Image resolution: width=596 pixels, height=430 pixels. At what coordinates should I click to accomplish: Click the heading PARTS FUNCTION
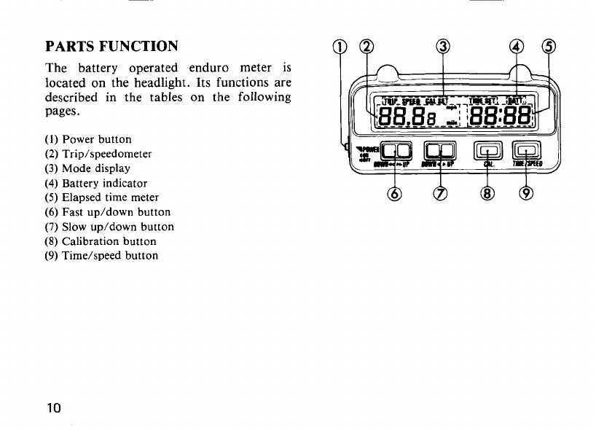pos(111,47)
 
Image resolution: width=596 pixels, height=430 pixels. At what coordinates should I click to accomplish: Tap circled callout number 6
pos(396,194)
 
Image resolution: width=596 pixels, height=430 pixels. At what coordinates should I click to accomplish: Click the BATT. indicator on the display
pos(519,101)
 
